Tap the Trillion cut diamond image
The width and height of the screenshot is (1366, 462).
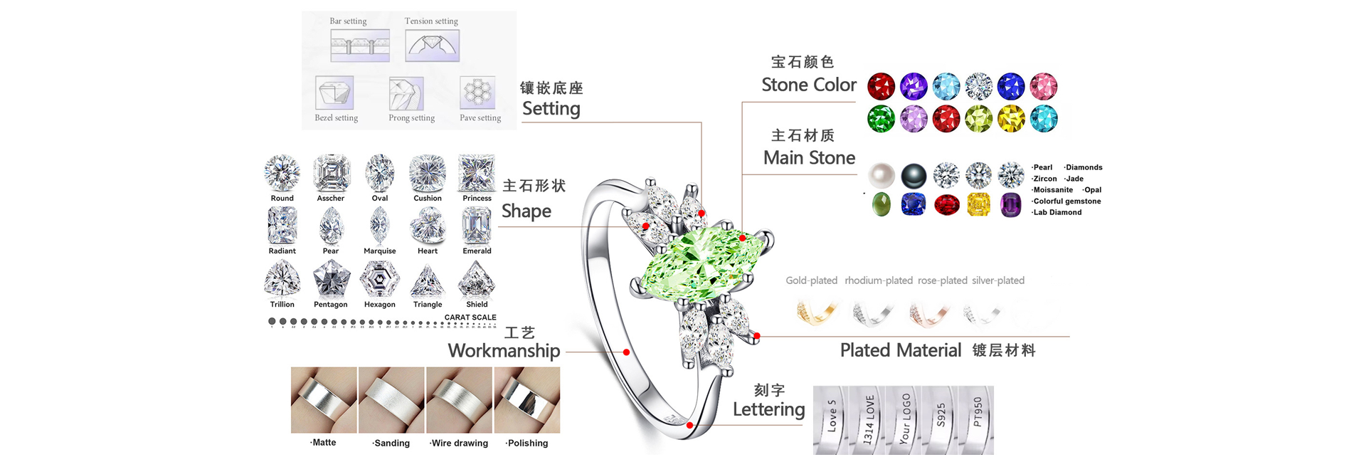click(282, 279)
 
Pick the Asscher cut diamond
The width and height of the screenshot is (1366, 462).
click(332, 173)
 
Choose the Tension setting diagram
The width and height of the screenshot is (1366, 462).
click(432, 46)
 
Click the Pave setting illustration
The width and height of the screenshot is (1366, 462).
click(478, 93)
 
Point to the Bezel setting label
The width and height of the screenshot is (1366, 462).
click(336, 118)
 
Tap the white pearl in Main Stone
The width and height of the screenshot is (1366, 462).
click(881, 174)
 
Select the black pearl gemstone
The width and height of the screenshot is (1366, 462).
click(914, 175)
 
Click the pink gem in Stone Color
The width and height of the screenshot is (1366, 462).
click(1044, 87)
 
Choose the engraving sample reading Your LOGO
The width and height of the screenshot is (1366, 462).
click(904, 419)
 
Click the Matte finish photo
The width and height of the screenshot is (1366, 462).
click(324, 400)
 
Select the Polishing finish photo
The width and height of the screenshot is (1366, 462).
click(528, 400)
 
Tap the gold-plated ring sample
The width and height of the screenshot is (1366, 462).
click(816, 312)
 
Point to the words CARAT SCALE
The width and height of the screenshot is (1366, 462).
click(470, 317)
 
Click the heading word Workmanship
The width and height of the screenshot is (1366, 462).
click(504, 351)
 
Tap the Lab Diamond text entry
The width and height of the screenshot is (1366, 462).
click(1057, 212)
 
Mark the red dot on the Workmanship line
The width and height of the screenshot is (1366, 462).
click(626, 352)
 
